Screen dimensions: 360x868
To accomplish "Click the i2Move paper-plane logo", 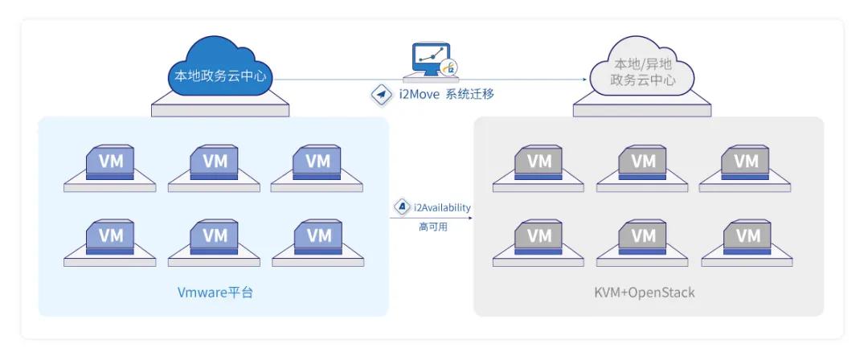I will tap(379, 95).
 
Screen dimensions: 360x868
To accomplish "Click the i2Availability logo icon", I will tap(400, 207).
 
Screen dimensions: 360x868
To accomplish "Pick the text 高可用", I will tap(433, 227).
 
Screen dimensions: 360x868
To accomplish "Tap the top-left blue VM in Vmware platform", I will tap(111, 162).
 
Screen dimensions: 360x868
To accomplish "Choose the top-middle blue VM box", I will tap(215, 162).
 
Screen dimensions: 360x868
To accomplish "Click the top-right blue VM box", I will tap(318, 162).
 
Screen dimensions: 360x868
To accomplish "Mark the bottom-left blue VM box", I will tap(111, 236).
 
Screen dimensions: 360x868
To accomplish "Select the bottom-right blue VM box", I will tap(318, 236).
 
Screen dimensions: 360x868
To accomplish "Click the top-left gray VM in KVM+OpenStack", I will tap(539, 162).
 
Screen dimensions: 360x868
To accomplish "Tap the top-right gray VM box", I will tap(747, 162).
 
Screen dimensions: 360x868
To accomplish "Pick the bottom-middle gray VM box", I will tap(643, 236).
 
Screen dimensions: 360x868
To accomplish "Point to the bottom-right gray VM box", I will tap(747, 236).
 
